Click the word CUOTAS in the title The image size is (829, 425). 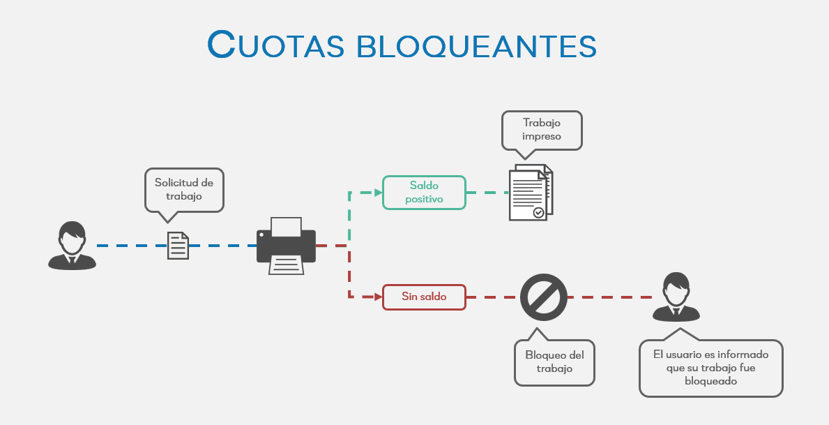[276, 45]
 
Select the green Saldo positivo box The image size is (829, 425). [424, 192]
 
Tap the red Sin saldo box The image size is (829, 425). [424, 297]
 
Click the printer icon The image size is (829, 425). [286, 246]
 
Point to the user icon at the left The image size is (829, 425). [72, 245]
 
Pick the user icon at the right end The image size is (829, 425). [676, 297]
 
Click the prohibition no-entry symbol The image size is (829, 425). [543, 297]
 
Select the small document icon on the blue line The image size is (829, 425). [178, 246]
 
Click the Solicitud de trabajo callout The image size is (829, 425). [184, 188]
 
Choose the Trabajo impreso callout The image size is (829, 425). [542, 129]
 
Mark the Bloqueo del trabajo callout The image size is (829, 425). [554, 361]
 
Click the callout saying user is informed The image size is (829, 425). [710, 368]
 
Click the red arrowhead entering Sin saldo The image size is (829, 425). [378, 297]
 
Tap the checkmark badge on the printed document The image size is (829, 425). [538, 212]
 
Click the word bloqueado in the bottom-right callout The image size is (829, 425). [710, 381]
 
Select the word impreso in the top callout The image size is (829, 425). [542, 136]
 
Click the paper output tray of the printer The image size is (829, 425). [286, 264]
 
